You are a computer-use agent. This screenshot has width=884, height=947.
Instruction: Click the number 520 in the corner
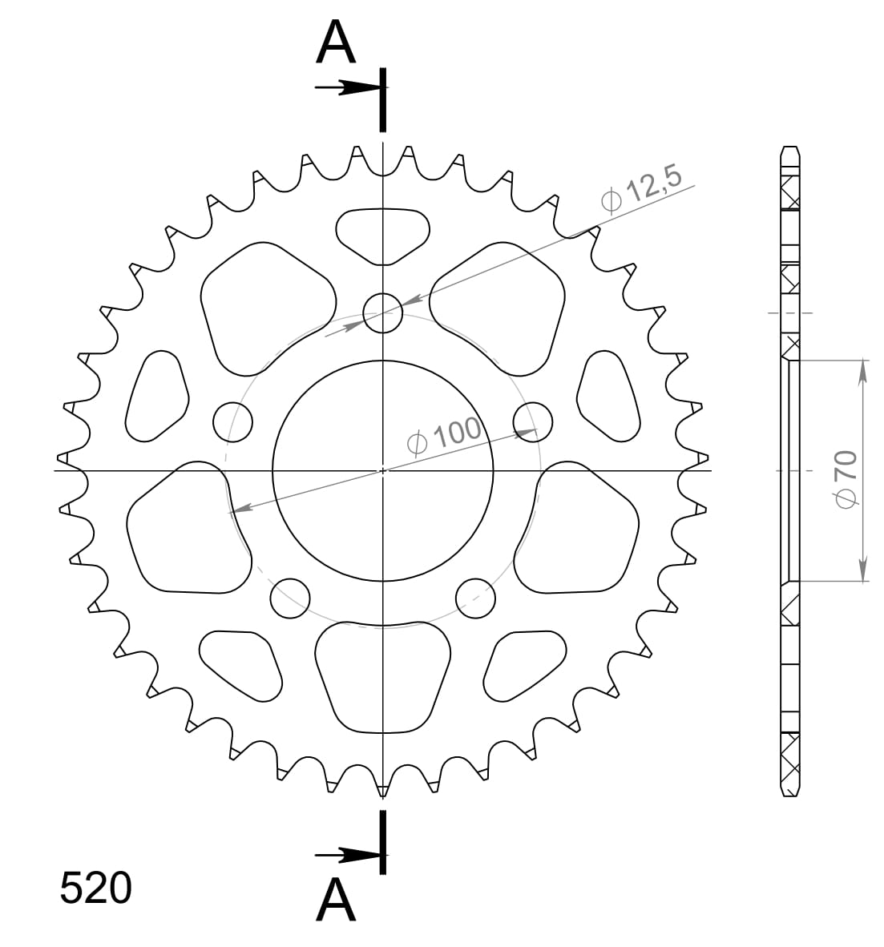click(95, 889)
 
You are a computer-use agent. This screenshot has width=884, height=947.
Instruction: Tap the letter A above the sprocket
click(336, 43)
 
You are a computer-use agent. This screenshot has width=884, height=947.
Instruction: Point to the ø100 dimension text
click(443, 435)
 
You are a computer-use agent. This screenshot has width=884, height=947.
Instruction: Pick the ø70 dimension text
click(846, 478)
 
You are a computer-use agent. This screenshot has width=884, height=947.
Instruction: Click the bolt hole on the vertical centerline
click(383, 312)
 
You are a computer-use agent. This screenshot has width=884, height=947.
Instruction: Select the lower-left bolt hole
click(290, 597)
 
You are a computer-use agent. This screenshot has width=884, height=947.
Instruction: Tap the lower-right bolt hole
click(476, 597)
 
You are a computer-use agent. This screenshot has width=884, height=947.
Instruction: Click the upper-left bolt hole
click(233, 421)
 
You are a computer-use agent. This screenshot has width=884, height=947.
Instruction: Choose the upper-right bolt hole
click(533, 421)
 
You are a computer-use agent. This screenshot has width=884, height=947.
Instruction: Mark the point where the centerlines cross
click(383, 470)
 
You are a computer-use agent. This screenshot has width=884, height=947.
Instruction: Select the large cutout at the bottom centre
click(383, 675)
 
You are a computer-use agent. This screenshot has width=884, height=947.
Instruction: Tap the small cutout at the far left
click(157, 396)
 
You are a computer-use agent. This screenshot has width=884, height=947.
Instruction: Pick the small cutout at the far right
click(608, 396)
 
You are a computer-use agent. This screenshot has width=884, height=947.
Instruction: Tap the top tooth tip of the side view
click(789, 149)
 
